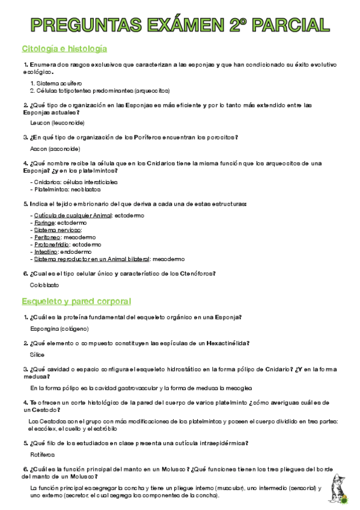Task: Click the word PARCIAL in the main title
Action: pyautogui.click(x=291, y=25)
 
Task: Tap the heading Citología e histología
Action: pyautogui.click(x=64, y=48)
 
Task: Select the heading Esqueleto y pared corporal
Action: pyautogui.click(x=76, y=301)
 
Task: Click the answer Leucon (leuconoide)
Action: pyautogui.click(x=58, y=123)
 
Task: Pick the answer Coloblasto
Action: pyautogui.click(x=45, y=286)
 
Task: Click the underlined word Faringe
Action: pyautogui.click(x=43, y=223)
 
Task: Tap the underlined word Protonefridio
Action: pyautogui.click(x=51, y=245)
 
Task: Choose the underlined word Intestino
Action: pyautogui.click(x=45, y=252)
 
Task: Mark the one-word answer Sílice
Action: pyautogui.click(x=37, y=355)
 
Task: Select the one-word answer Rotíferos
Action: pyautogui.click(x=43, y=455)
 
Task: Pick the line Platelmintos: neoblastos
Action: pyautogui.click(x=66, y=189)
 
